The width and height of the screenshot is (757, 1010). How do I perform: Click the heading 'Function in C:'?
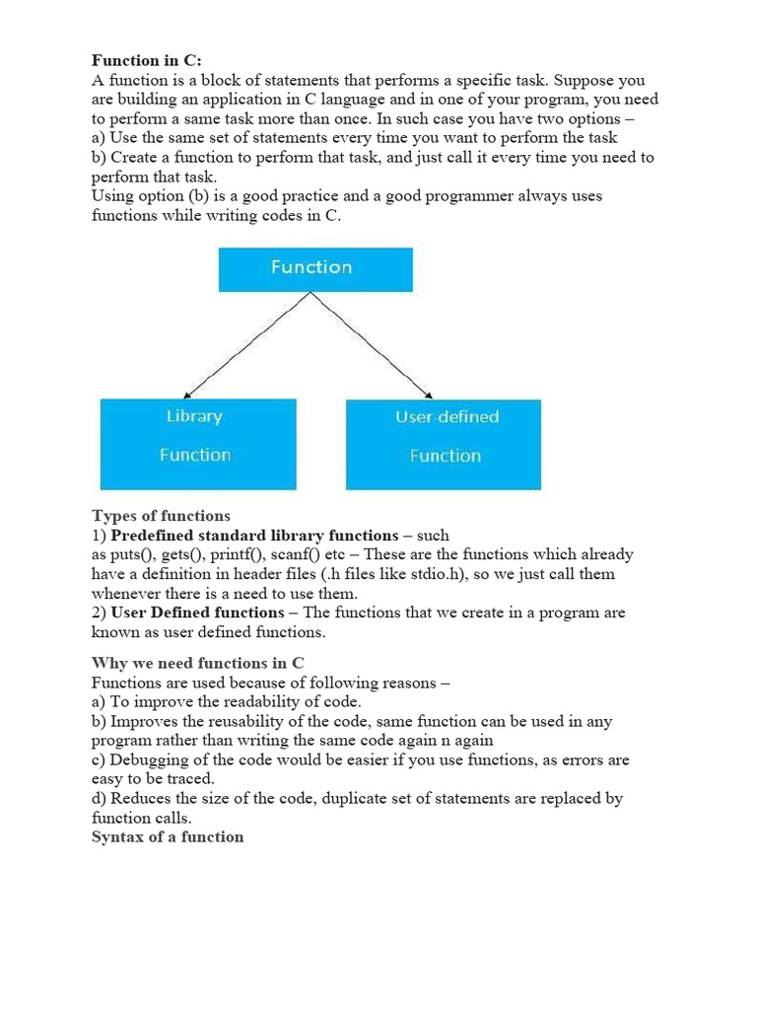(146, 61)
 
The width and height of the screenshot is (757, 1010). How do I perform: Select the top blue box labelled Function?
(314, 268)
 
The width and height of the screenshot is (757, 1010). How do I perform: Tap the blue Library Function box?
(197, 443)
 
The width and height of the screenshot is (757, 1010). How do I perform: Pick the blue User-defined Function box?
(444, 444)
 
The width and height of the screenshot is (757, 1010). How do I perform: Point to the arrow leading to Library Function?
(246, 346)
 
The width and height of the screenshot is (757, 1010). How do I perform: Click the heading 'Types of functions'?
(161, 516)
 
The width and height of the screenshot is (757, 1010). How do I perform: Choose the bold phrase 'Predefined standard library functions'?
(255, 536)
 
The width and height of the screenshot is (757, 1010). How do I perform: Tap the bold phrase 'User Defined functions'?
(198, 613)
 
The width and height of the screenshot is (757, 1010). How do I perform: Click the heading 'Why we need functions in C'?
(197, 663)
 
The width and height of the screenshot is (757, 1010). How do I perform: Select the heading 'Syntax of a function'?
(168, 837)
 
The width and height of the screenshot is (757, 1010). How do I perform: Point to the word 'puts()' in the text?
(134, 555)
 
